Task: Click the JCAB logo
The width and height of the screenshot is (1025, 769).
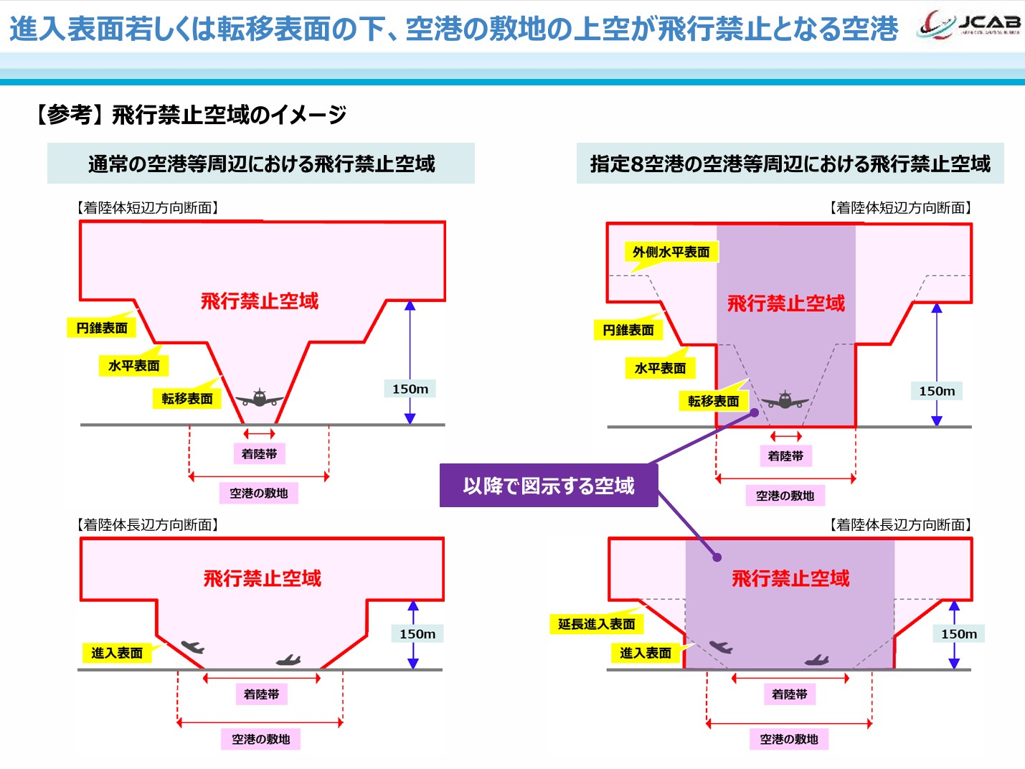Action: [969, 27]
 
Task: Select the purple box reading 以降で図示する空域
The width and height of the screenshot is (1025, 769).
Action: [549, 486]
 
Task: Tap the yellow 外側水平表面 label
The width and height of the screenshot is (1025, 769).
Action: [671, 252]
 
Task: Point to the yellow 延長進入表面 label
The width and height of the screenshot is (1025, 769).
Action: [596, 624]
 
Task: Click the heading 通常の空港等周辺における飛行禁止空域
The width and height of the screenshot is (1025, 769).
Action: [261, 164]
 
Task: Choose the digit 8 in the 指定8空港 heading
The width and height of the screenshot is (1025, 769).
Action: [636, 164]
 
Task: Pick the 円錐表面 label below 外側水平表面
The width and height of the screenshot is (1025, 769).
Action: [628, 330]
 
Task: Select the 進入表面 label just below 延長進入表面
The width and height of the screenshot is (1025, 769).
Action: [646, 653]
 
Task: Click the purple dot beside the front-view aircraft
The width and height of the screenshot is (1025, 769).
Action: [755, 412]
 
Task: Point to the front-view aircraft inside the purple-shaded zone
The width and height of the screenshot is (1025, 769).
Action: [785, 400]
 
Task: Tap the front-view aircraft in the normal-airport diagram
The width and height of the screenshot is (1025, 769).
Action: [259, 398]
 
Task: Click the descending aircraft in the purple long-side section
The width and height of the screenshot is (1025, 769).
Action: [721, 647]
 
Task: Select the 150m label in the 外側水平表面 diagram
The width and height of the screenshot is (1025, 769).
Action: [937, 391]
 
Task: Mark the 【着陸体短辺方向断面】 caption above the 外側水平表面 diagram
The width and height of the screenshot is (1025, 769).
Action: [900, 208]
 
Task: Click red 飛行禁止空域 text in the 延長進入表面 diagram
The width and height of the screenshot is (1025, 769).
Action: [790, 578]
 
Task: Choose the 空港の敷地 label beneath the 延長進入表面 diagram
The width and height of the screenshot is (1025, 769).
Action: [788, 739]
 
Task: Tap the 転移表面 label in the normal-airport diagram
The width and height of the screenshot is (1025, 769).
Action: [187, 399]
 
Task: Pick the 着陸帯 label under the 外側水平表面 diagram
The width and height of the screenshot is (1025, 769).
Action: [785, 456]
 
